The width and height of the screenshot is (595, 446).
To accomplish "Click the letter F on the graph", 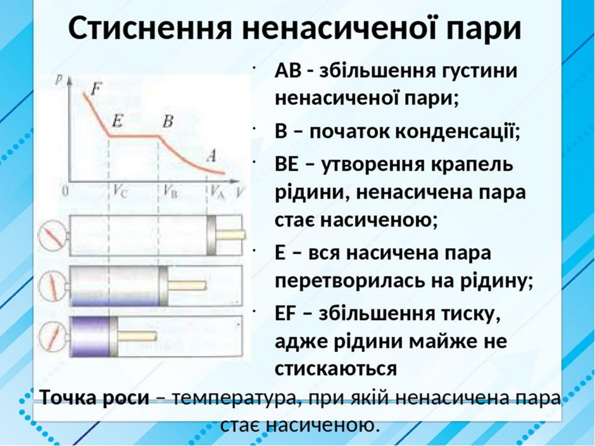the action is pos(96,89).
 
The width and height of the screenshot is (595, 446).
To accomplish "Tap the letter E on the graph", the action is pos(117,121).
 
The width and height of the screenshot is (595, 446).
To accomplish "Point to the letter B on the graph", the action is pos(168,121).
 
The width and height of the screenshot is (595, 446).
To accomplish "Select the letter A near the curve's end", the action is pos(212,155).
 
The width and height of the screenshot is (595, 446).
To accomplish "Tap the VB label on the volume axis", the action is pos(170,192).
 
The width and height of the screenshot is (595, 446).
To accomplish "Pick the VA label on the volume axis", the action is pos(218,192).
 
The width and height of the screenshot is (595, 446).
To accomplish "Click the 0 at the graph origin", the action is pos(66,191).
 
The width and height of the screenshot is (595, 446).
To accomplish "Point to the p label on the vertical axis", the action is pos(59,80).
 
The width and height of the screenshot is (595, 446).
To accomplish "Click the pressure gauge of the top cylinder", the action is pos(53,235).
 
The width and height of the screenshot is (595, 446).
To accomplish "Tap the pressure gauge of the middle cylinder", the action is pos(53,287).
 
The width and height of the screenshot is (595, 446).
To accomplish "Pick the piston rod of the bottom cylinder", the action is pos(137,336).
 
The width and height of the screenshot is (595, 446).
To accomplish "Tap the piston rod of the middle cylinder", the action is pos(187,285).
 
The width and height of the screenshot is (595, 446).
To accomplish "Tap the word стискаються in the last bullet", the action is pos(336,368).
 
